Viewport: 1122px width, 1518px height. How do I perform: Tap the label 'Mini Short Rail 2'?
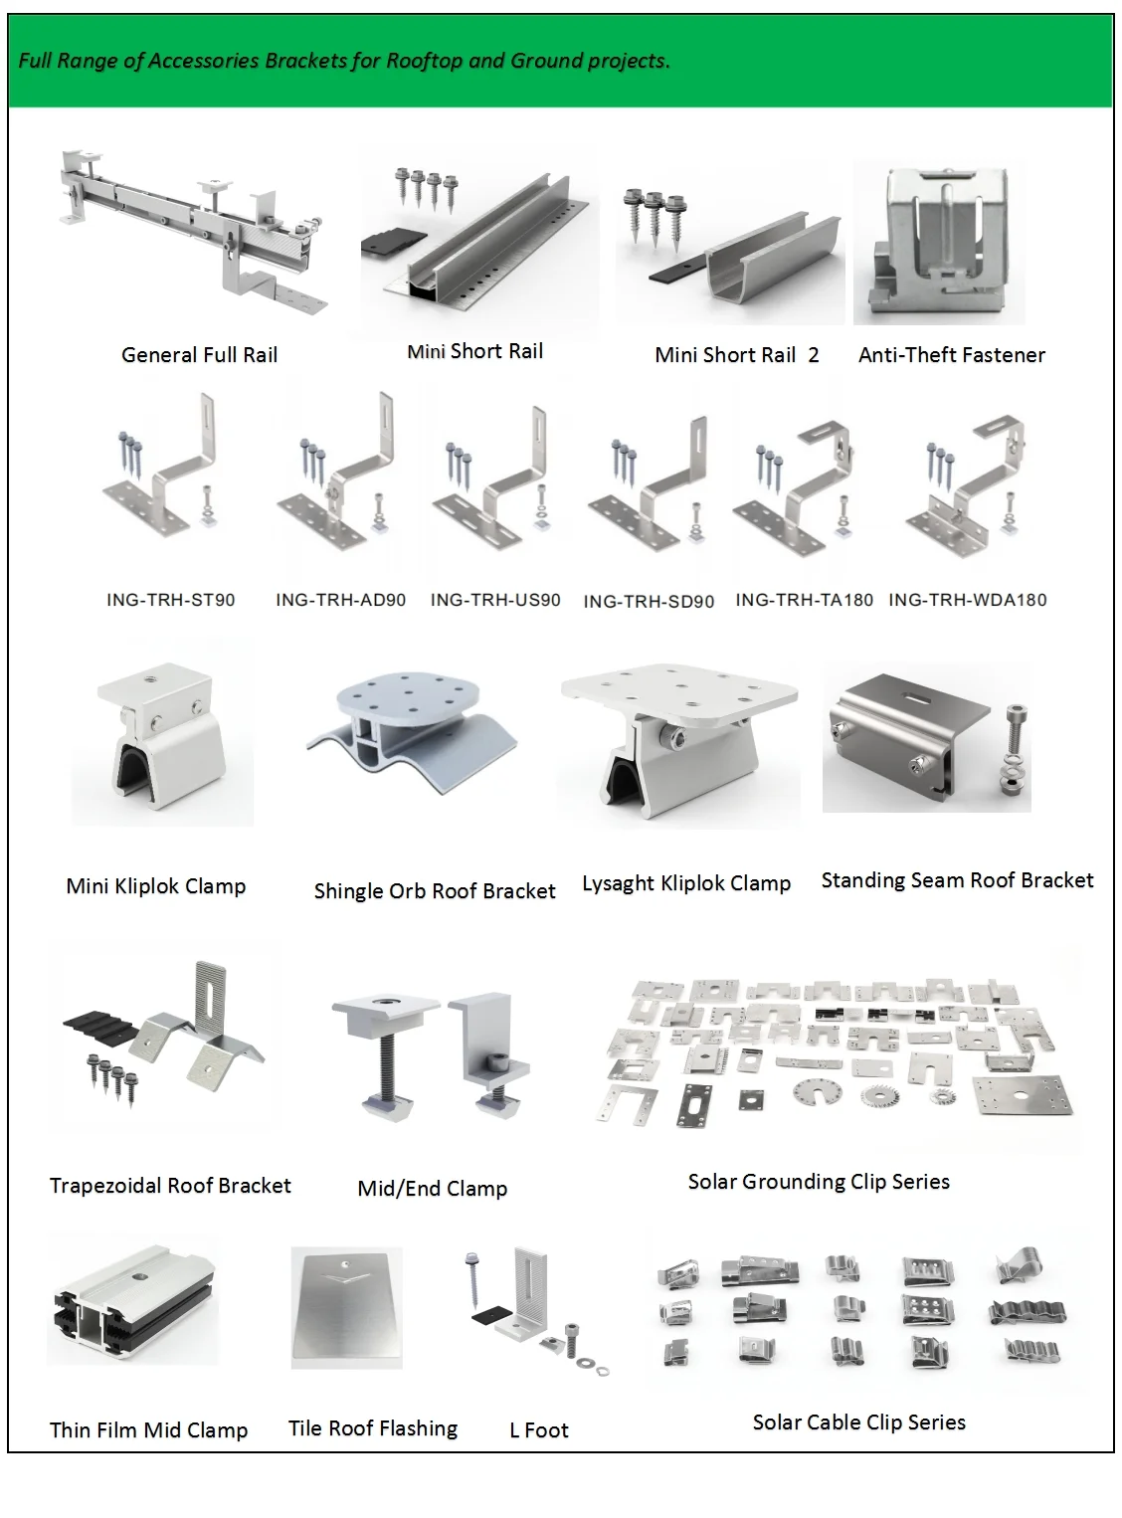(x=736, y=355)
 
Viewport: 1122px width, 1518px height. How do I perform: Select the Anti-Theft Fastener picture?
(x=939, y=244)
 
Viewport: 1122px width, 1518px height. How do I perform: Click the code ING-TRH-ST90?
(x=171, y=600)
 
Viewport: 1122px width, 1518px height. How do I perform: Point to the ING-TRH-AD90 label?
(x=340, y=600)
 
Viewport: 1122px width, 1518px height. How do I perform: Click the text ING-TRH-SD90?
(x=649, y=602)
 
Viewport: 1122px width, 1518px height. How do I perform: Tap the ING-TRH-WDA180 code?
(x=967, y=600)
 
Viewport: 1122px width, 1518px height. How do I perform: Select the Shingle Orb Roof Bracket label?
(x=434, y=891)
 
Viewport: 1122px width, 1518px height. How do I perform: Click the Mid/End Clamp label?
(x=432, y=1189)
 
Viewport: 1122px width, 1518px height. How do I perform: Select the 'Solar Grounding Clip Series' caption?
(x=818, y=1182)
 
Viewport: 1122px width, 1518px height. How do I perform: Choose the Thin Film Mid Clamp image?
(x=132, y=1303)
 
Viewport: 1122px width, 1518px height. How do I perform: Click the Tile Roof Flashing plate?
(x=346, y=1308)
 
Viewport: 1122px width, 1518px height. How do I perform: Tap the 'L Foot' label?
(x=538, y=1430)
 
